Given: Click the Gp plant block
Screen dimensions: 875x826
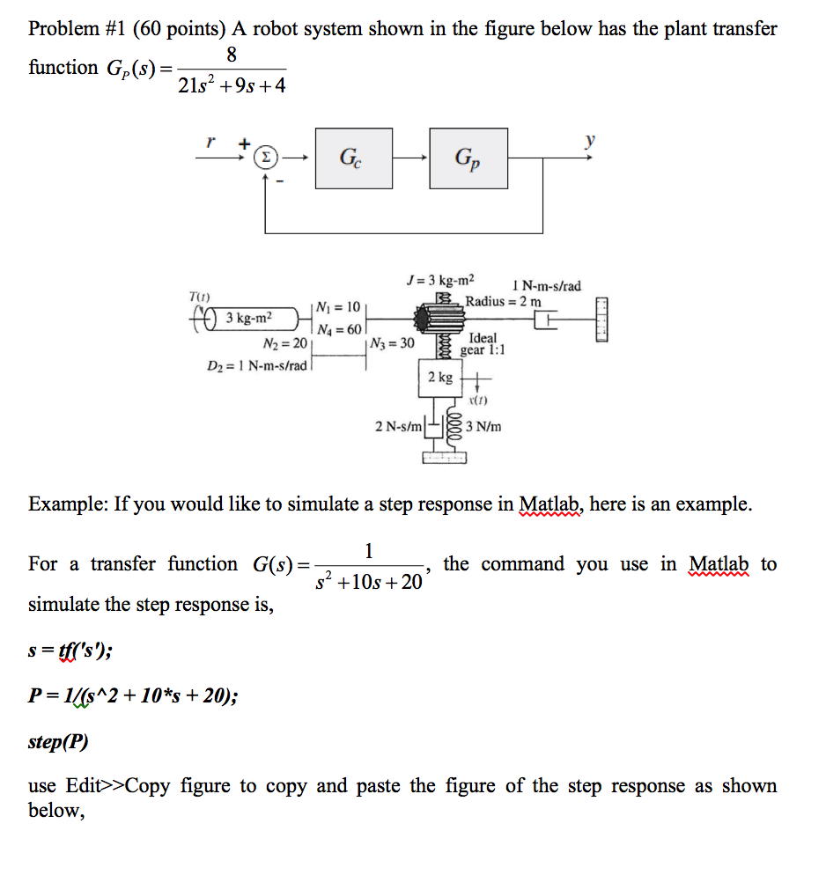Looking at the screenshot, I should pyautogui.click(x=468, y=158).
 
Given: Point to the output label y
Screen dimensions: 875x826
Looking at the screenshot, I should pyautogui.click(x=590, y=140).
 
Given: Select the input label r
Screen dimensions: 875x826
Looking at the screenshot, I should pyautogui.click(x=210, y=140).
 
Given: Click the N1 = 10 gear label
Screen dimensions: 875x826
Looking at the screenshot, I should pyautogui.click(x=337, y=307).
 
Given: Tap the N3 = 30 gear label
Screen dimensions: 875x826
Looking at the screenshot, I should pyautogui.click(x=393, y=343).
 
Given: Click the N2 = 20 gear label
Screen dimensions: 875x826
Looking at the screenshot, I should pyautogui.click(x=285, y=343).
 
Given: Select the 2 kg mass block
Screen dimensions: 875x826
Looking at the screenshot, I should pyautogui.click(x=440, y=378).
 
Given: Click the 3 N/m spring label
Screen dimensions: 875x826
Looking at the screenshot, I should pyautogui.click(x=483, y=427).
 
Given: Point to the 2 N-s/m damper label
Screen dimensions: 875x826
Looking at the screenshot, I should pyautogui.click(x=400, y=427).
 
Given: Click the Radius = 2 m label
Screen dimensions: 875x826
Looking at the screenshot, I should pyautogui.click(x=504, y=301).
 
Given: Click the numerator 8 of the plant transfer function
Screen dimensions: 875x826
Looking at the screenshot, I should pyautogui.click(x=231, y=55).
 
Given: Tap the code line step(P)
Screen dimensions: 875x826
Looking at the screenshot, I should pyautogui.click(x=58, y=741).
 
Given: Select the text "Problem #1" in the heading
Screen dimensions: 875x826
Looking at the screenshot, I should pyautogui.click(x=76, y=28).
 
